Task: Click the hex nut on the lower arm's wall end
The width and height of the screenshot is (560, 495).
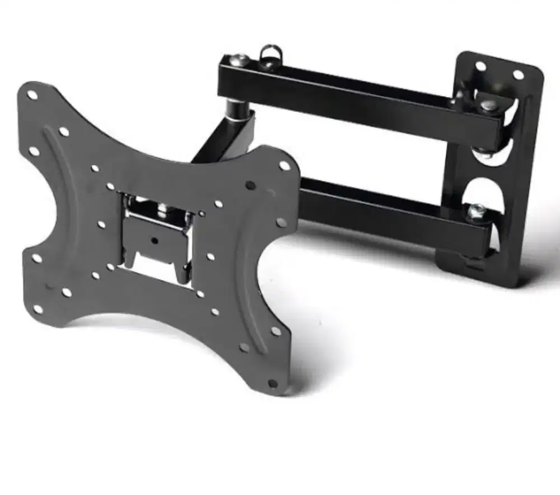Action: [x=477, y=210]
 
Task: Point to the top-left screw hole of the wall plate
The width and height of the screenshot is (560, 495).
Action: [x=480, y=66]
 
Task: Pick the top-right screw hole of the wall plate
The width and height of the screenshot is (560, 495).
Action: [x=518, y=74]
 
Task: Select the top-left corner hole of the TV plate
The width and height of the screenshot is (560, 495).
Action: [x=32, y=95]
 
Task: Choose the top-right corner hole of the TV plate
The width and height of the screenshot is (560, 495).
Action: [x=284, y=165]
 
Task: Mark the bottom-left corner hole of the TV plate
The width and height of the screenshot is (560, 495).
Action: [x=38, y=309]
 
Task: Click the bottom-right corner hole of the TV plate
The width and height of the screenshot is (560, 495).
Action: [x=273, y=384]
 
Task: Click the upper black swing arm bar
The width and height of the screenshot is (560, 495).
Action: [x=358, y=95]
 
